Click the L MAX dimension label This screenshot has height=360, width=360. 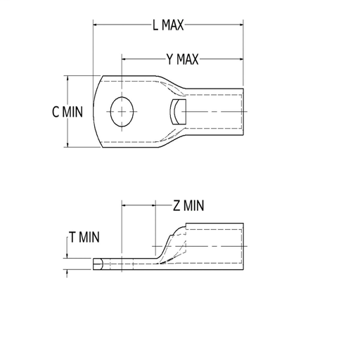pyautogui.click(x=168, y=25)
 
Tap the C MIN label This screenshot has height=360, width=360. pyautogui.click(x=67, y=112)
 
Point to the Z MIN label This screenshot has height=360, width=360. pyautogui.click(x=188, y=205)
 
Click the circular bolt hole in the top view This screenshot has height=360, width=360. pyautogui.click(x=122, y=111)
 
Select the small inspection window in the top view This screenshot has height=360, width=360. pyautogui.click(x=177, y=111)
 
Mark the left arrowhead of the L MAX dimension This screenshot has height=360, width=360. pyautogui.click(x=96, y=25)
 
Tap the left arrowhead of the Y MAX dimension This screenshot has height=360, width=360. pyautogui.click(x=125, y=59)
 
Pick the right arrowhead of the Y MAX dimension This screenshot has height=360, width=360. pyautogui.click(x=240, y=59)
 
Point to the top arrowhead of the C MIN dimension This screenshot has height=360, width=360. pyautogui.click(x=68, y=79)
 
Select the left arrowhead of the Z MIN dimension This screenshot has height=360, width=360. pyautogui.click(x=125, y=205)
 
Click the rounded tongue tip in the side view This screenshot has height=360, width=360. pyautogui.click(x=97, y=264)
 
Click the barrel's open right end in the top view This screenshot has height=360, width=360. pyautogui.click(x=243, y=111)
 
